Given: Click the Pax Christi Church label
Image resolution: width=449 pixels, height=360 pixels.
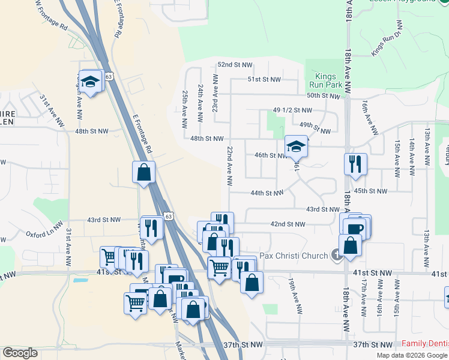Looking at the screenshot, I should pyautogui.click(x=294, y=255).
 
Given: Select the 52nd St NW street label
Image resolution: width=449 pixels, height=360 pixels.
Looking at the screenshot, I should pyautogui.click(x=235, y=64).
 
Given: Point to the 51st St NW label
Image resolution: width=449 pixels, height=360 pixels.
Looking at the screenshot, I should pyautogui.click(x=264, y=79).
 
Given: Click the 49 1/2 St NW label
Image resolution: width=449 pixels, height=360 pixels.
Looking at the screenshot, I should pyautogui.click(x=292, y=110).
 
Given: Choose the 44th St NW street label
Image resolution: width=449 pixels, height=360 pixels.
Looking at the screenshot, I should pyautogui.click(x=267, y=193).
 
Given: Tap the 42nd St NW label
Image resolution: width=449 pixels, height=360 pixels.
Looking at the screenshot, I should pyautogui.click(x=288, y=224).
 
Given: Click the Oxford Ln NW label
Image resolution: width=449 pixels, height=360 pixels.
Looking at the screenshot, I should pyautogui.click(x=44, y=232).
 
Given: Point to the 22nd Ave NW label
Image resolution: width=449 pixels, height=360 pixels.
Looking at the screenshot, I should pyautogui.click(x=229, y=164).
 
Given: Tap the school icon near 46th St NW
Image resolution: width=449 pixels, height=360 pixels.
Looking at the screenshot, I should pyautogui.click(x=296, y=145).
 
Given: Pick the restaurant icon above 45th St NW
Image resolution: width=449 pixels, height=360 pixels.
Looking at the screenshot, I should pyautogui.click(x=355, y=163).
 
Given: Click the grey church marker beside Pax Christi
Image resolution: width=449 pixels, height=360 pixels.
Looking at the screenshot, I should pyautogui.click(x=337, y=256).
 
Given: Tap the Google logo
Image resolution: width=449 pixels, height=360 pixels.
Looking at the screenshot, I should pyautogui.click(x=20, y=353).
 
